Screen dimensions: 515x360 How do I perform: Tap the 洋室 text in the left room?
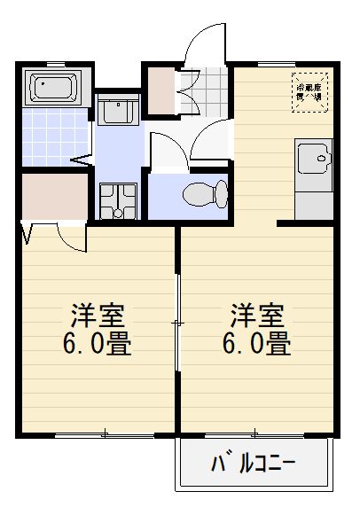coord(98,316)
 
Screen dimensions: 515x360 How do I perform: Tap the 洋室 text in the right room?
coord(258,316)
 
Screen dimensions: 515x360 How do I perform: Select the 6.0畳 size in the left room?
coord(98,344)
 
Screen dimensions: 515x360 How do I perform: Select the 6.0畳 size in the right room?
coord(258,344)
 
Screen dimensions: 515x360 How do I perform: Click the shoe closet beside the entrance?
coord(162,90)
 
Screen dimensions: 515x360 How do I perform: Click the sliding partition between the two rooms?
coord(178,328)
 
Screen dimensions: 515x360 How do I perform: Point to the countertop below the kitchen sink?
coord(313,199)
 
